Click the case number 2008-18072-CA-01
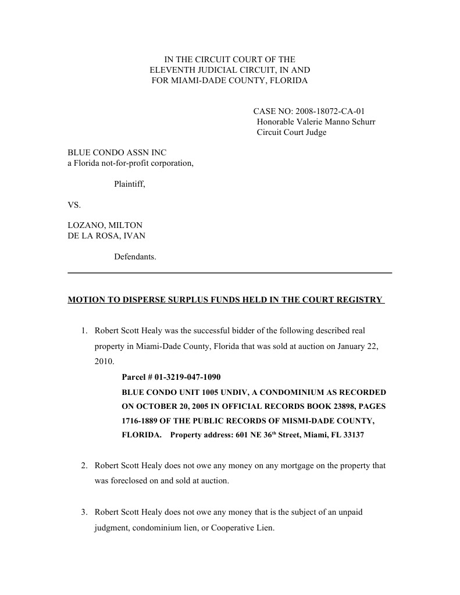click(x=330, y=111)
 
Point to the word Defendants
click(x=135, y=256)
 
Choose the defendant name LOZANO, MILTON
click(x=105, y=225)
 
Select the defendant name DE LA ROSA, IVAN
click(x=106, y=236)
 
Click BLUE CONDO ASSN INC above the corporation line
click(x=117, y=153)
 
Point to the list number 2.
click(x=84, y=466)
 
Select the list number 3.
click(x=84, y=512)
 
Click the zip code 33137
click(x=352, y=435)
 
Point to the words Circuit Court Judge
click(x=291, y=132)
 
